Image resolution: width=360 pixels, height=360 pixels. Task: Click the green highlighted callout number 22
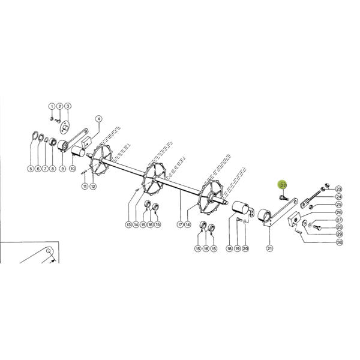[x=283, y=185]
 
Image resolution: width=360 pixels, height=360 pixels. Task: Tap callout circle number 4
[x=99, y=119]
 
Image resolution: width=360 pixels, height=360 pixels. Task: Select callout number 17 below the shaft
[x=181, y=224]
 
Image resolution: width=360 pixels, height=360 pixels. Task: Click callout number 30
[x=340, y=242]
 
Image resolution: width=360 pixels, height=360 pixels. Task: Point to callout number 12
[x=93, y=187]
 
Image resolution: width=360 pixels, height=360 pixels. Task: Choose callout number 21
[x=269, y=248]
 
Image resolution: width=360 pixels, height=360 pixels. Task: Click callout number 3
[x=67, y=106]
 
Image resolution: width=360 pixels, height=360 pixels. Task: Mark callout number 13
[x=128, y=224]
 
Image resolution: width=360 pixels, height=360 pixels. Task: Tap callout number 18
[x=229, y=248]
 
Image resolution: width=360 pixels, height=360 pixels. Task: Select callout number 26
[x=339, y=212]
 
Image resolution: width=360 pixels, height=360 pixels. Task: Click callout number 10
[x=73, y=169]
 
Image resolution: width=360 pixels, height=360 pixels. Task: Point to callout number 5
[x=31, y=169]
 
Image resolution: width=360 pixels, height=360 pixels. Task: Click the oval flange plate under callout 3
[x=65, y=127]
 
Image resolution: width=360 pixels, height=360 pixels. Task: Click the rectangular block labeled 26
[x=294, y=220]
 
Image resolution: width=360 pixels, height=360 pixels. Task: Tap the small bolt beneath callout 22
[x=283, y=197]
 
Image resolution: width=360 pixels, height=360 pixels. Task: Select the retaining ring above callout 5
[x=34, y=137]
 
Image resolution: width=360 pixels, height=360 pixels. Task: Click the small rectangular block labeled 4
[x=86, y=142]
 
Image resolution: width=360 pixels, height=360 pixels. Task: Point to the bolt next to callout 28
[x=317, y=228]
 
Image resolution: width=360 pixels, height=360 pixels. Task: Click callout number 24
[x=339, y=197]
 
